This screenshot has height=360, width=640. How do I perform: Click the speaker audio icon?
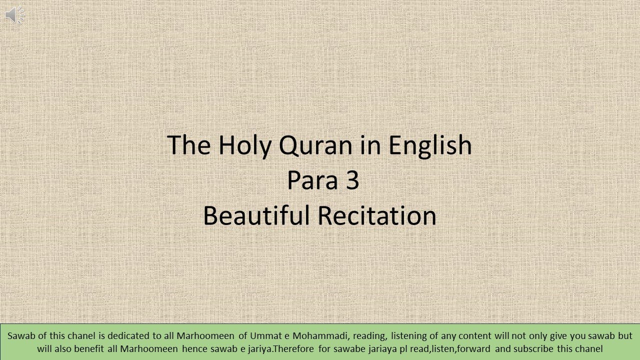[x=14, y=15]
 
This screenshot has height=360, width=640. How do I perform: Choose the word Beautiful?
[x=256, y=215]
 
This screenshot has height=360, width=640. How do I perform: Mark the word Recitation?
[x=377, y=215]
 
